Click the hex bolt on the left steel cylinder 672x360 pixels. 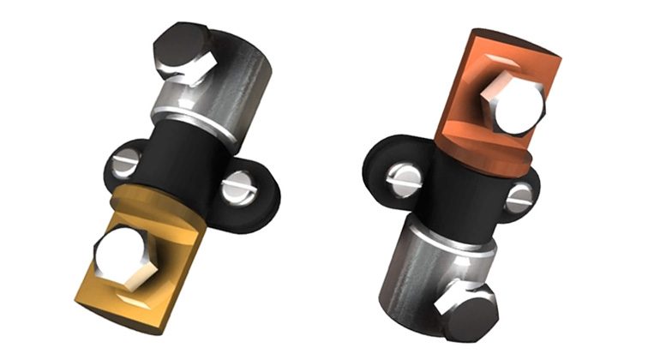182,53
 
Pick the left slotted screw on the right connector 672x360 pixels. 403,177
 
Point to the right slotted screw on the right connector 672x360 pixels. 519,199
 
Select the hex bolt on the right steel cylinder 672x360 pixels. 467,309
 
